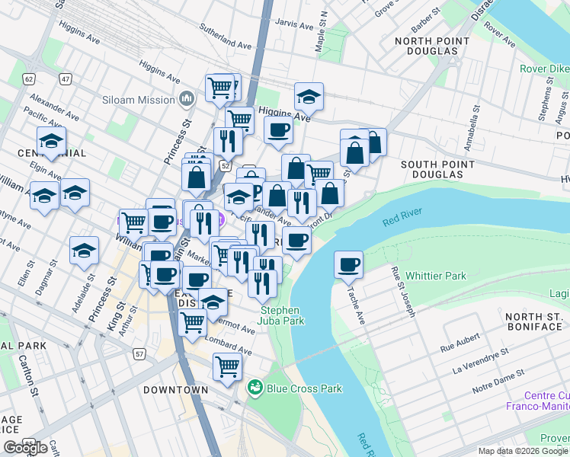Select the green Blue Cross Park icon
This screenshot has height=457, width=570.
pyautogui.click(x=255, y=388)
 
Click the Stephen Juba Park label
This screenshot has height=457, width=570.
pyautogui.click(x=282, y=315)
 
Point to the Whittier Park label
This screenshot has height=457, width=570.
pyautogui.click(x=435, y=276)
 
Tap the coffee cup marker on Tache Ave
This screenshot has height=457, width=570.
pyautogui.click(x=348, y=264)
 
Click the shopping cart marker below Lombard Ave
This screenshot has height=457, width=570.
pyautogui.click(x=227, y=367)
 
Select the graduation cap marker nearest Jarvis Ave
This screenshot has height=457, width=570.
pyautogui.click(x=309, y=97)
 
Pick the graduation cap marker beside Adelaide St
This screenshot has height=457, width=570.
pyautogui.click(x=84, y=251)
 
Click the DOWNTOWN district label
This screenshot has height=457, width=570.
pyautogui.click(x=175, y=390)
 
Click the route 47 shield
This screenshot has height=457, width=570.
pyautogui.click(x=66, y=78)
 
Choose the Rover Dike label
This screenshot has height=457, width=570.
pyautogui.click(x=544, y=69)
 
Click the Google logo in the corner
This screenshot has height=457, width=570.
pyautogui.click(x=25, y=448)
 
